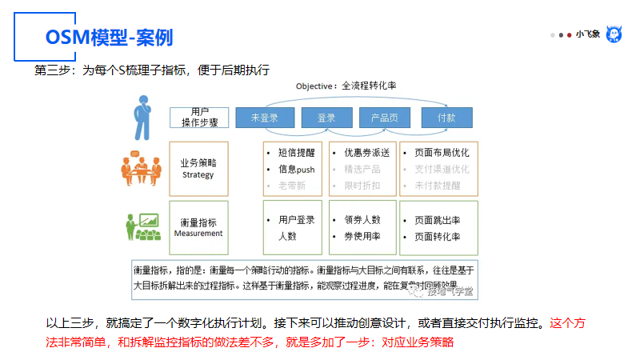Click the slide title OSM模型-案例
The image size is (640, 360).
pos(109,38)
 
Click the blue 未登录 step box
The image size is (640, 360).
pos(264,118)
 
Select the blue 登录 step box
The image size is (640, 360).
pos(326,118)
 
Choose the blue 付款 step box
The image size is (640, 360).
pos(446,118)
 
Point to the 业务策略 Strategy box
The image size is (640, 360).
pos(198,169)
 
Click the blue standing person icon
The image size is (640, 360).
pos(143,117)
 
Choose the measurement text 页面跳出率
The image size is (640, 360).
pos(437,219)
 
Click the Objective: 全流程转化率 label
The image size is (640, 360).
pos(346,86)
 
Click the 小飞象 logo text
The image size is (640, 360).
pos(588,34)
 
